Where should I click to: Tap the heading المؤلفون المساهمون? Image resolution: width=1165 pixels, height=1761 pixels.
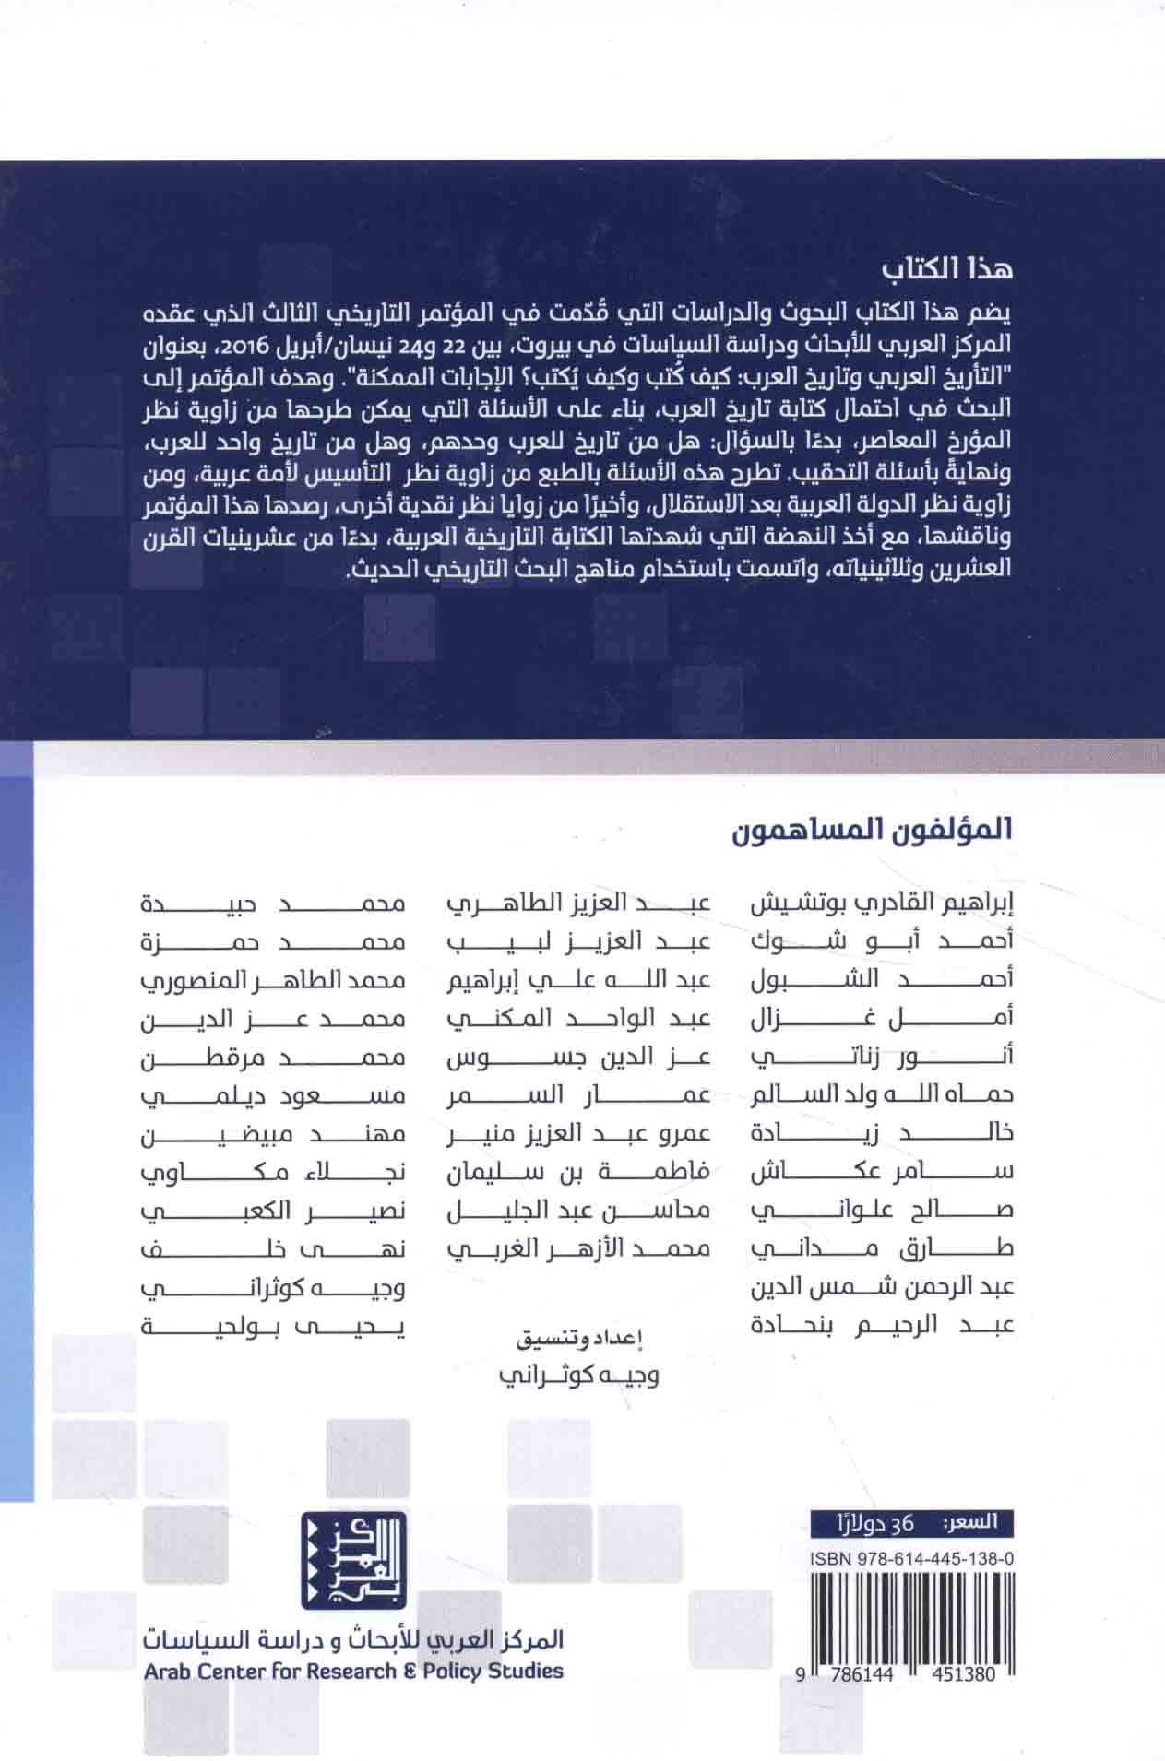(873, 828)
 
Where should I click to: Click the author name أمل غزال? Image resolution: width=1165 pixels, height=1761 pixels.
(884, 1016)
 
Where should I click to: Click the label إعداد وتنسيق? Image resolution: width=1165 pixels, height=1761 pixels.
(578, 1337)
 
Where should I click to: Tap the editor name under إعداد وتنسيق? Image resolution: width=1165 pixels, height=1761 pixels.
(578, 1376)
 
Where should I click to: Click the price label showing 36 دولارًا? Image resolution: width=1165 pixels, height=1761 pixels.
(909, 1523)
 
